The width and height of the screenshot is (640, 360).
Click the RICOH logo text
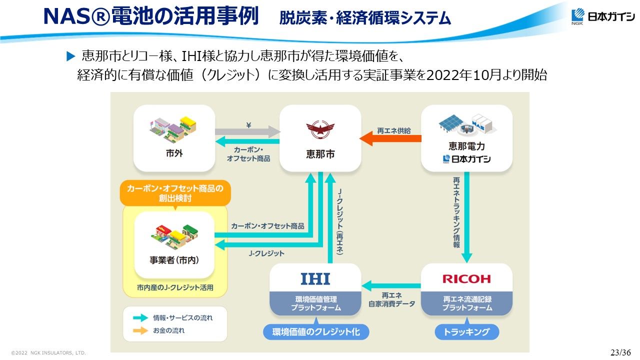click(x=466, y=279)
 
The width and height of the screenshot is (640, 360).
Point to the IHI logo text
click(x=315, y=278)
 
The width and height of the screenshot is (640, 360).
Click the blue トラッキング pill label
click(x=466, y=332)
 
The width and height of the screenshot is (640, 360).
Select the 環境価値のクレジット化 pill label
click(x=316, y=332)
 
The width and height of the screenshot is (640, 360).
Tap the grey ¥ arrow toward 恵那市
click(x=248, y=132)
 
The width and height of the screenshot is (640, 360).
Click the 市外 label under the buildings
click(x=174, y=153)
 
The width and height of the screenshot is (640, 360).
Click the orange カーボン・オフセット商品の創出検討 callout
click(x=175, y=193)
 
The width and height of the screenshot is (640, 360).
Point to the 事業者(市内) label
click(x=174, y=260)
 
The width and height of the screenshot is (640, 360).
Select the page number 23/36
click(x=620, y=352)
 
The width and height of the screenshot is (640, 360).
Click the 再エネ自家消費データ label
click(x=391, y=299)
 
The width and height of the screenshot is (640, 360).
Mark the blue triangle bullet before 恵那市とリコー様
click(x=70, y=55)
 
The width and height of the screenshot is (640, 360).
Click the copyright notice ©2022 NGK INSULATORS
click(x=48, y=353)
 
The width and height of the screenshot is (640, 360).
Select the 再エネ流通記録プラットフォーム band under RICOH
click(x=466, y=303)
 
